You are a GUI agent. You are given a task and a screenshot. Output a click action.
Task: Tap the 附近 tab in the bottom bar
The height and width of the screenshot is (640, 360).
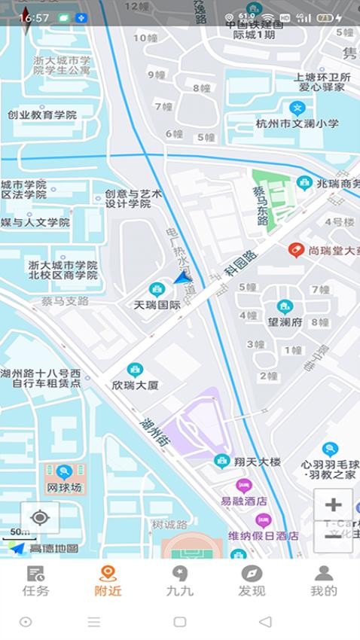tap(108, 581)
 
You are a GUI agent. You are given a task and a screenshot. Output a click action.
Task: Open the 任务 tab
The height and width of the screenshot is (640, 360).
tap(36, 581)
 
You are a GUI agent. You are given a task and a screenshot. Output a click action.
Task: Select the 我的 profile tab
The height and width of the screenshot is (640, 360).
tap(324, 581)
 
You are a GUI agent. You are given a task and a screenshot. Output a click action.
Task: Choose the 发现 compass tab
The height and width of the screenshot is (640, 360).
tap(252, 581)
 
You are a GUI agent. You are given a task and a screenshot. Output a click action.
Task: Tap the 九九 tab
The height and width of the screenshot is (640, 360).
tap(179, 581)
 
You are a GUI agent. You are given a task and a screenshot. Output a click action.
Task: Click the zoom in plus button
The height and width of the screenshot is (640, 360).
tap(333, 504)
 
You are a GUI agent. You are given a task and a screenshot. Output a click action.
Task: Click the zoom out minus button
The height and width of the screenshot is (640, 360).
tap(333, 537)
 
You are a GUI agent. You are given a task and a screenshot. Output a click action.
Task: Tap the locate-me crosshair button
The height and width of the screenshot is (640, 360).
tap(40, 518)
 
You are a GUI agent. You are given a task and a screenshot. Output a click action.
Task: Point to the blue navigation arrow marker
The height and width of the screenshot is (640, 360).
tap(181, 279)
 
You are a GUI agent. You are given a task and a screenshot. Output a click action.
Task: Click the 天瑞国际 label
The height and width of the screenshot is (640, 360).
tap(157, 305)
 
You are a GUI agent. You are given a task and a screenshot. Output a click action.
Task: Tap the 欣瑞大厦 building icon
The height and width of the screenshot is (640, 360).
tap(135, 369)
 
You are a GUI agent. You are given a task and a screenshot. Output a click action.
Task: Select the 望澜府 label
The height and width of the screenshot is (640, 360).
tap(285, 322)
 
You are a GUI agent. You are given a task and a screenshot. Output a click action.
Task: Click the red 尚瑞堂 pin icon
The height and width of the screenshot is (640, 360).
tap(297, 250)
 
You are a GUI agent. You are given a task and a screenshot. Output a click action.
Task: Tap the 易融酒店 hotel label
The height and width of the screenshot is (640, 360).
tap(243, 501)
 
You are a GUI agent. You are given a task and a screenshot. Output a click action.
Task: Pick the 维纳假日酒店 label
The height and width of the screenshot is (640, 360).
tap(264, 535)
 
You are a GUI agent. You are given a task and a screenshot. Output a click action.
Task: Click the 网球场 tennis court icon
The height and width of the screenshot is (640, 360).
tap(64, 472)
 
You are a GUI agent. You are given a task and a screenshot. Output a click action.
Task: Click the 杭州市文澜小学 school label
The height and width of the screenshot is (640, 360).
tap(297, 123)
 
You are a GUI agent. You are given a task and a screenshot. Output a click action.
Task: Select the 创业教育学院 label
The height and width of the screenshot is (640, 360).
tap(42, 115)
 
